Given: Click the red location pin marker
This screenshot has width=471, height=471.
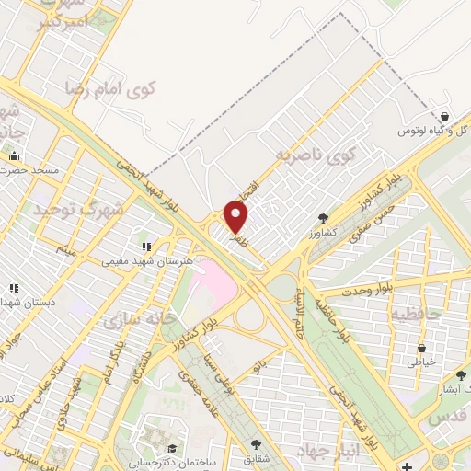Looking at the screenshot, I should pos(237,217).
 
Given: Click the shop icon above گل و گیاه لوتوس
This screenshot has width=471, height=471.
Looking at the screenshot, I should pos(445,117).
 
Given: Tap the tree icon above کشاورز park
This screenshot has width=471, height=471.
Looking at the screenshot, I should pos(323,217).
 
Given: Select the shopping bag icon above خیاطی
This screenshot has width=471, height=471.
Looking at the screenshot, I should pos(421,348).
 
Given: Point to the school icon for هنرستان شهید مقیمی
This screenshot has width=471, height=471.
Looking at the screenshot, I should pos(145,246).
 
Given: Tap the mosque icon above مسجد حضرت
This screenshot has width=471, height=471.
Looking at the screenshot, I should pos(14,156).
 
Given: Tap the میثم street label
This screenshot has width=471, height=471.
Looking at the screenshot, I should pos(65,248).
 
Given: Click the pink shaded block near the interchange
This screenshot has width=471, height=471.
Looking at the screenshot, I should pos(213,279).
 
